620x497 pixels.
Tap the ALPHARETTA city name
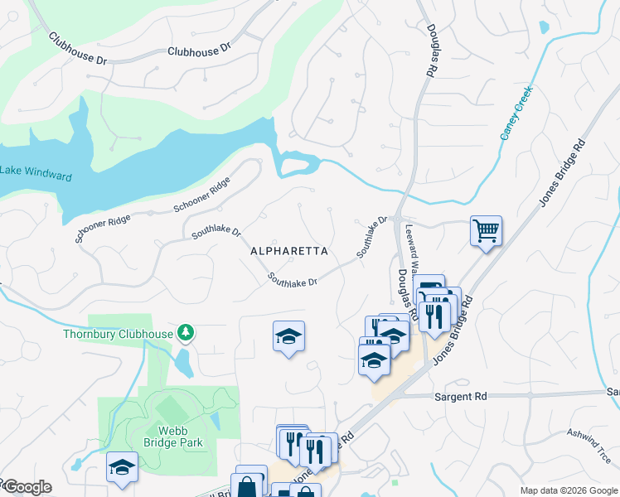tap(289, 250)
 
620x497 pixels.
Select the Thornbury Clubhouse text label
tap(118, 334)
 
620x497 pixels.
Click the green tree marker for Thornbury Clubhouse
tap(186, 333)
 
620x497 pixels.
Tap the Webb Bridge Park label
tap(168, 437)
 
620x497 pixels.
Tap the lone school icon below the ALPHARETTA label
tap(288, 336)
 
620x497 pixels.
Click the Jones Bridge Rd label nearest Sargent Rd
tap(452, 331)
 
